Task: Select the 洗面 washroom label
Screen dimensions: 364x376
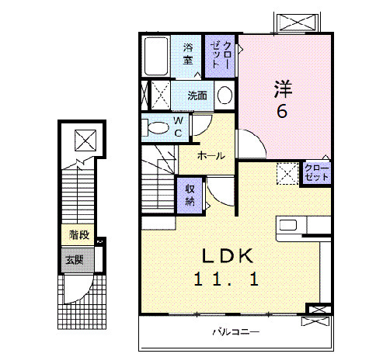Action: tap(197, 96)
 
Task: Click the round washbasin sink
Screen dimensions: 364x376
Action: tap(224, 96)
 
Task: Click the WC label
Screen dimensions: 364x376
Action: tap(178, 127)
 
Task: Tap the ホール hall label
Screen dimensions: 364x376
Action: tap(211, 156)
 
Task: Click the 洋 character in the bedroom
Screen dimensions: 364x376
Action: tap(281, 88)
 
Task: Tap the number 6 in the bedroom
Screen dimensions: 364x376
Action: tap(281, 111)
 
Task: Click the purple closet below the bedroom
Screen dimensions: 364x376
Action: tap(315, 172)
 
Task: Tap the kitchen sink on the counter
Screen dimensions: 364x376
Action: tap(287, 226)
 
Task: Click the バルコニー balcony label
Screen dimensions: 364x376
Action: tap(236, 333)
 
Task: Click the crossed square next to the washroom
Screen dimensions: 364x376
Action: tap(160, 96)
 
